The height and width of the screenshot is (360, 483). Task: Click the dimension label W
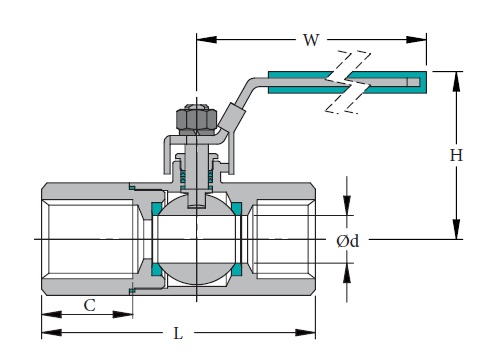311,40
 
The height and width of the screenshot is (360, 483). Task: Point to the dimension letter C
88,305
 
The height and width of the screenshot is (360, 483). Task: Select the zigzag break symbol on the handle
345,79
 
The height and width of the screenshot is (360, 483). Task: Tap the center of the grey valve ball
195,240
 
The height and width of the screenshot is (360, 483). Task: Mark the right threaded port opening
283,240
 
